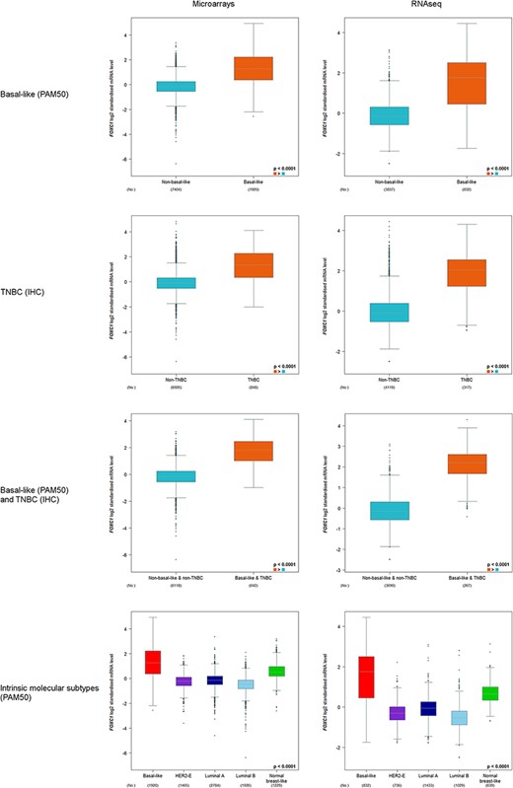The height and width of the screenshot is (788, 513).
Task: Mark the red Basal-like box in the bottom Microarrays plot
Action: tap(152, 662)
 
